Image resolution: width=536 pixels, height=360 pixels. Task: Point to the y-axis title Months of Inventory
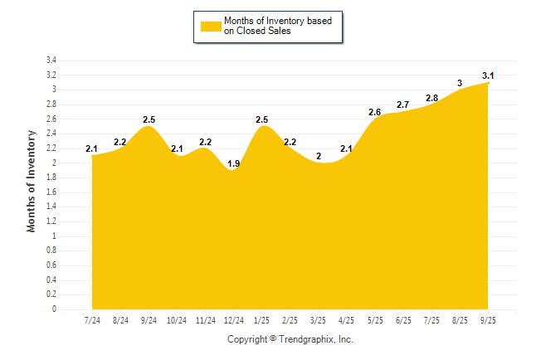(32, 180)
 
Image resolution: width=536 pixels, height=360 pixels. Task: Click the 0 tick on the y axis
(54, 309)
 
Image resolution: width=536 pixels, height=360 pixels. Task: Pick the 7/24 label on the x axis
(92, 319)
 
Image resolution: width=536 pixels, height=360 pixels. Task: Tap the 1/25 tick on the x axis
(262, 319)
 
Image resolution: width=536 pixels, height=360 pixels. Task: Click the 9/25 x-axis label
(488, 319)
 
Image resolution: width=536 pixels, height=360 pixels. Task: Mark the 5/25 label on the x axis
(375, 319)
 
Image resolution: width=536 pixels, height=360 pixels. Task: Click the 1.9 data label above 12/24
(233, 164)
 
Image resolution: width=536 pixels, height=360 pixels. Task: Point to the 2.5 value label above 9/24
(149, 120)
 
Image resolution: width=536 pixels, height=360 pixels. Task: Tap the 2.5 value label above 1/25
(262, 120)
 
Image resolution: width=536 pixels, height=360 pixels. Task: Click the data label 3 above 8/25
(460, 83)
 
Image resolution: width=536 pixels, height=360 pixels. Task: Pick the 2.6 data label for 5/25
(375, 113)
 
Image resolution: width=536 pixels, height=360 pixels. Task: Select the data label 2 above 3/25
(319, 156)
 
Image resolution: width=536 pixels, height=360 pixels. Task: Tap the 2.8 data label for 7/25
(431, 98)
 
